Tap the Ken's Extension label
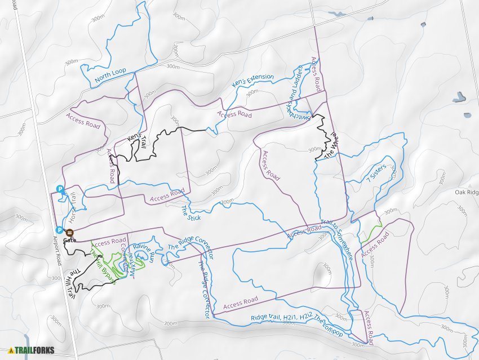click(253, 81)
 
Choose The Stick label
click(190, 212)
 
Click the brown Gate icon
click(69, 232)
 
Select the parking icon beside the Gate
click(59, 230)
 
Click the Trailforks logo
click(31, 350)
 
